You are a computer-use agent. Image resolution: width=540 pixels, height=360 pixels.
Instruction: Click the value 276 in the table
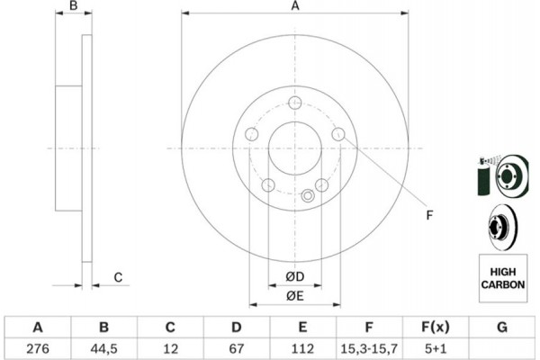click(38, 348)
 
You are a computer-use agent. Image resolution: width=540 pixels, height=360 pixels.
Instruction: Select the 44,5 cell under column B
click(104, 348)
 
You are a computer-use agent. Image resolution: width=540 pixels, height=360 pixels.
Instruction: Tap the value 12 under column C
click(170, 348)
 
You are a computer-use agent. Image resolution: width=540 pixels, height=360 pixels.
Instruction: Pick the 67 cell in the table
click(236, 348)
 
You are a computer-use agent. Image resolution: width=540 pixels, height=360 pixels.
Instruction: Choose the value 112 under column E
click(302, 348)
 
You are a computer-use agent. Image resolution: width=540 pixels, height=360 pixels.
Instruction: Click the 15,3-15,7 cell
click(369, 348)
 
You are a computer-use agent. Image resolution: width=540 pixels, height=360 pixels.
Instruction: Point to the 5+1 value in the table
click(436, 348)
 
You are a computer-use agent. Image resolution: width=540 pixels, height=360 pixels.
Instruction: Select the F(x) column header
click(436, 327)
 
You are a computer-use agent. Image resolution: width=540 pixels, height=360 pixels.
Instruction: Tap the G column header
click(502, 327)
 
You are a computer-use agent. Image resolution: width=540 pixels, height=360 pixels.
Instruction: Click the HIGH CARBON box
click(503, 278)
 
